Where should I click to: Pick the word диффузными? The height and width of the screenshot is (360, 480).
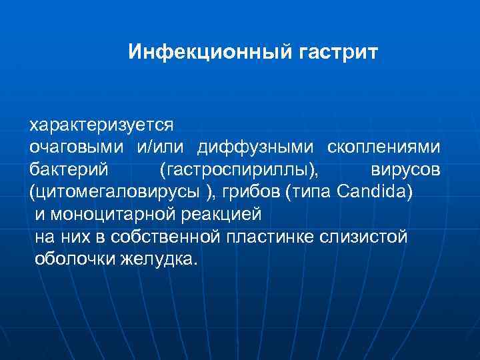pyautogui.click(x=255, y=147)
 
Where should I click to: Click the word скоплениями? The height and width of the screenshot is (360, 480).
pyautogui.click(x=383, y=147)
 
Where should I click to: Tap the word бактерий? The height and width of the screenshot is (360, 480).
pyautogui.click(x=69, y=170)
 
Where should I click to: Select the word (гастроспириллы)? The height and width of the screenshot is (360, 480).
pyautogui.click(x=239, y=171)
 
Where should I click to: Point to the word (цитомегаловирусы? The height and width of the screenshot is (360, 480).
pyautogui.click(x=114, y=193)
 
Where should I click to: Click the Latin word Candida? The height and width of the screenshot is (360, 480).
pyautogui.click(x=375, y=192)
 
